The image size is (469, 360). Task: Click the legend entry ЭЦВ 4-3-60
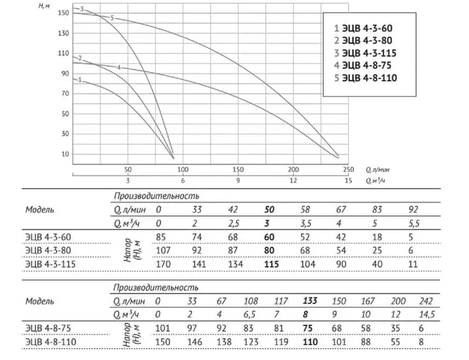coord(363,28)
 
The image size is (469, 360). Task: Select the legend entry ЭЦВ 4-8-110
coord(366,78)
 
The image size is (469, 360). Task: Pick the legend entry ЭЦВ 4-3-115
coord(365,53)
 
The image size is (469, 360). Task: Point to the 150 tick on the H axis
coord(63,13)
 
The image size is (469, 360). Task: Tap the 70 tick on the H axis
coord(65,94)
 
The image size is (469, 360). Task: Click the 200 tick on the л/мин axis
coord(293,170)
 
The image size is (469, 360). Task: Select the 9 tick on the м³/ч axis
coord(238,181)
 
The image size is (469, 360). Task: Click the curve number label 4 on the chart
coord(119,67)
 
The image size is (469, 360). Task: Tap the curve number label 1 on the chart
coord(80,80)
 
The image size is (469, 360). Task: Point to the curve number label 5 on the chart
coord(112,18)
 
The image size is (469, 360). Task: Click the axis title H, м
coord(44,6)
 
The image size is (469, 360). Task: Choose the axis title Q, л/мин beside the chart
coord(378,170)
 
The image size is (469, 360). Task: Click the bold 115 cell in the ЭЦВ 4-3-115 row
coord(272,264)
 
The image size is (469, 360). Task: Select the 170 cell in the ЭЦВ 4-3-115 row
coord(163,264)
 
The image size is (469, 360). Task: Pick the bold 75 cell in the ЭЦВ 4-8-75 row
coord(308,328)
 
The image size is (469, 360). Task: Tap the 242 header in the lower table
coord(426,301)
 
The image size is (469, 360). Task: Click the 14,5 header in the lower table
coord(427,314)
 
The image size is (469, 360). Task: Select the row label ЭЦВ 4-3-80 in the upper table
coord(48,251)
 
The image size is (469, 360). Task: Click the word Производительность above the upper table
coord(156,196)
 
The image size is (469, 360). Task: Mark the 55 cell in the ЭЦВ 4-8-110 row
coord(395,342)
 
